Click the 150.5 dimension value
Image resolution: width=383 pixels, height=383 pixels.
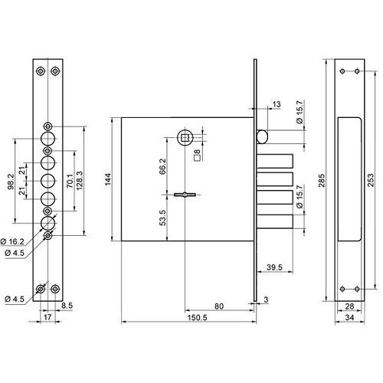(x=197, y=318)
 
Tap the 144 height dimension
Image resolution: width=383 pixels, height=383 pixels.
(x=108, y=179)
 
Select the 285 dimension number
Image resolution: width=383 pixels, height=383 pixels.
(x=322, y=180)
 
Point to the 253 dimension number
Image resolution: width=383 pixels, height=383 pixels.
(x=370, y=180)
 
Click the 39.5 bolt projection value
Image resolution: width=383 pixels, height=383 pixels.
(x=274, y=267)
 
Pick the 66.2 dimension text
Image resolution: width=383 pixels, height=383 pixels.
(x=162, y=166)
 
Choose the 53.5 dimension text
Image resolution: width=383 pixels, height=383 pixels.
(x=162, y=218)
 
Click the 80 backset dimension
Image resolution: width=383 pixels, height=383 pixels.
(x=219, y=306)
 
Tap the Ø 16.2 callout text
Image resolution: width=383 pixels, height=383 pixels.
(x=12, y=241)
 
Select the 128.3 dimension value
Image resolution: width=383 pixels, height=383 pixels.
(x=80, y=180)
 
